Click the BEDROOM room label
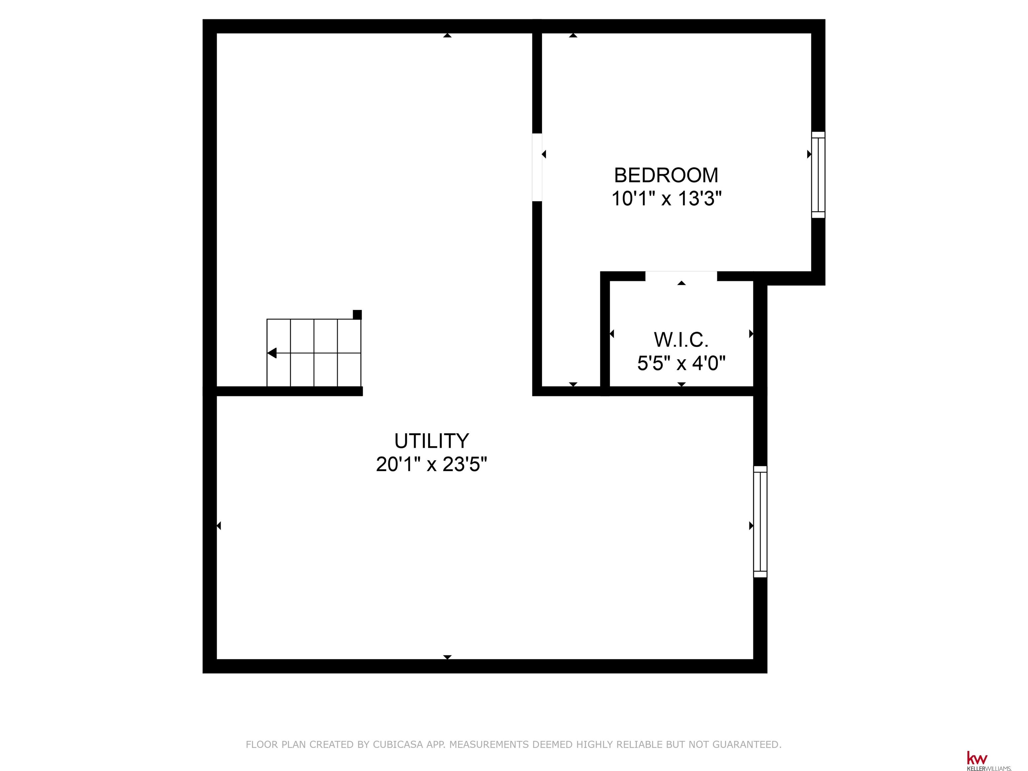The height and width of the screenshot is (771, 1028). [x=666, y=175]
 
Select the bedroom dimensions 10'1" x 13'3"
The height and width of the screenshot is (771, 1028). [x=666, y=198]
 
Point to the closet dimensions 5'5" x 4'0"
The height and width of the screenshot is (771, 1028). [x=681, y=363]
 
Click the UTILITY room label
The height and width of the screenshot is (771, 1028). [x=432, y=441]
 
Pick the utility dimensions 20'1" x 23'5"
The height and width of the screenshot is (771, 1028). [x=432, y=464]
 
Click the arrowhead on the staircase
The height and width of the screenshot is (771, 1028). [x=272, y=353]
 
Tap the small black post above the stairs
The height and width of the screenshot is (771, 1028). [x=357, y=315]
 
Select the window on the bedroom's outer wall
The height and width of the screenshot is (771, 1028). [x=819, y=175]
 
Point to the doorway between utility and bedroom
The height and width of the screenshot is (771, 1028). [x=537, y=167]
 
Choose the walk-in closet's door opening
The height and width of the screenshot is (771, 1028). [x=681, y=276]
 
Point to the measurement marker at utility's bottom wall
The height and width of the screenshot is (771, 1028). [x=447, y=657]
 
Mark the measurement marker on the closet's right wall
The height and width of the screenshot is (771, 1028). [x=751, y=334]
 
